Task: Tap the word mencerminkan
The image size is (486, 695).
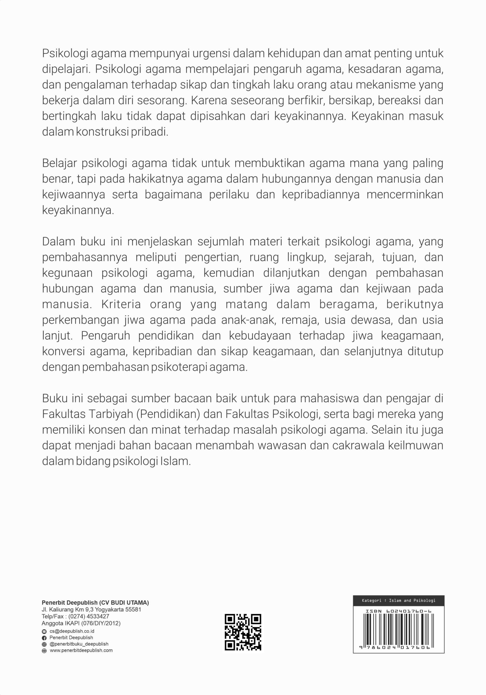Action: point(405,195)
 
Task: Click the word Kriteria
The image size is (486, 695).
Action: point(121,304)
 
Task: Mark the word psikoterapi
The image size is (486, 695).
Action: point(179,367)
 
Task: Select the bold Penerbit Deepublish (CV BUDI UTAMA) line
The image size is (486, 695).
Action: point(95,603)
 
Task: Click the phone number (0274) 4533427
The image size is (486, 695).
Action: point(89,616)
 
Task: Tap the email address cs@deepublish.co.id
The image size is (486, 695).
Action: point(72,631)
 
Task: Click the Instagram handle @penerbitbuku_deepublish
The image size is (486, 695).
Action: point(79,644)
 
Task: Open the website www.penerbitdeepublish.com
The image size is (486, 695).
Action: point(81,650)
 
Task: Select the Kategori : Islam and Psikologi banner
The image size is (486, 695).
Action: point(398,600)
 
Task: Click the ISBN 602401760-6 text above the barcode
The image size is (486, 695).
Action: point(398,611)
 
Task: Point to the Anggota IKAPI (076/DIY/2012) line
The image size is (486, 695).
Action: point(81,623)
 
